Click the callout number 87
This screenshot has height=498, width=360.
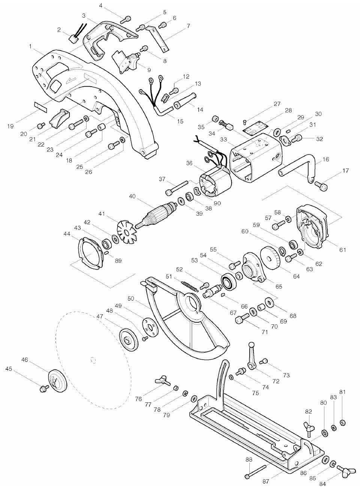[x=265, y=481]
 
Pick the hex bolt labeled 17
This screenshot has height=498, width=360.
[x=322, y=184]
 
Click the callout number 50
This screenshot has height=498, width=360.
[x=131, y=298]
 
